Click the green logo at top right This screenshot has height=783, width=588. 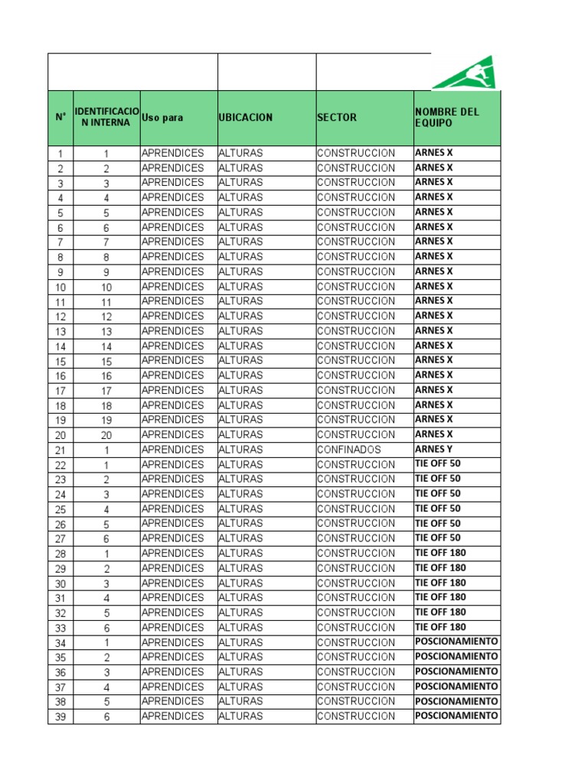click(464, 73)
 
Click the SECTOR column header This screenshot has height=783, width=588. click(337, 118)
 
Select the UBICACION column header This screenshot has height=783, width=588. click(245, 118)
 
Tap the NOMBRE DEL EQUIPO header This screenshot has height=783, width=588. click(447, 117)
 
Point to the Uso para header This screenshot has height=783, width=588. click(162, 118)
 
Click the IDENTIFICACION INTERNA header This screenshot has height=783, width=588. click(106, 117)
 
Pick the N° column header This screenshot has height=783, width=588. click(60, 118)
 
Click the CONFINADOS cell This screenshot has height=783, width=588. click(349, 450)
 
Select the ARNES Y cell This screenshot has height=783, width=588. click(433, 449)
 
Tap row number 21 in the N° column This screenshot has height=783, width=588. click(60, 450)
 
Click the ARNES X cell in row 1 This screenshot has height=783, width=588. click(433, 152)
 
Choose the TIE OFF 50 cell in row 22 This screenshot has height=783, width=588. click(438, 463)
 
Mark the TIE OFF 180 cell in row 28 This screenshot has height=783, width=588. click(440, 553)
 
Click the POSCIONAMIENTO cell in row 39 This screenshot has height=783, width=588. click(456, 716)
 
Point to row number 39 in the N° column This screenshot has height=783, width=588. click(60, 717)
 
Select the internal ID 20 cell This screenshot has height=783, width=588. click(106, 435)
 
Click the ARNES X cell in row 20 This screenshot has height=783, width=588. click(433, 434)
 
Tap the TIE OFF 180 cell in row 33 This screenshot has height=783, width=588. click(440, 627)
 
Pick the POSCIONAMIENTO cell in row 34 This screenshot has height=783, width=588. click(456, 642)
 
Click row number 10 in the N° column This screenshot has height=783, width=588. click(60, 288)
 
